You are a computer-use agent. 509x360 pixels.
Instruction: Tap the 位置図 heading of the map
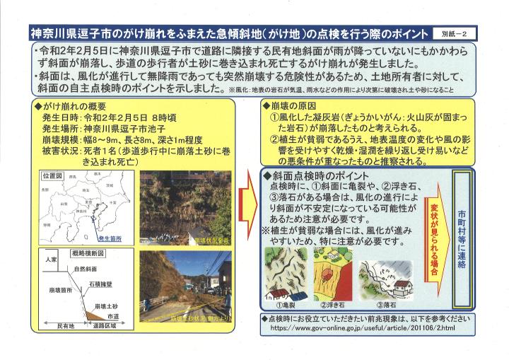pyautogui.click(x=54, y=173)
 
